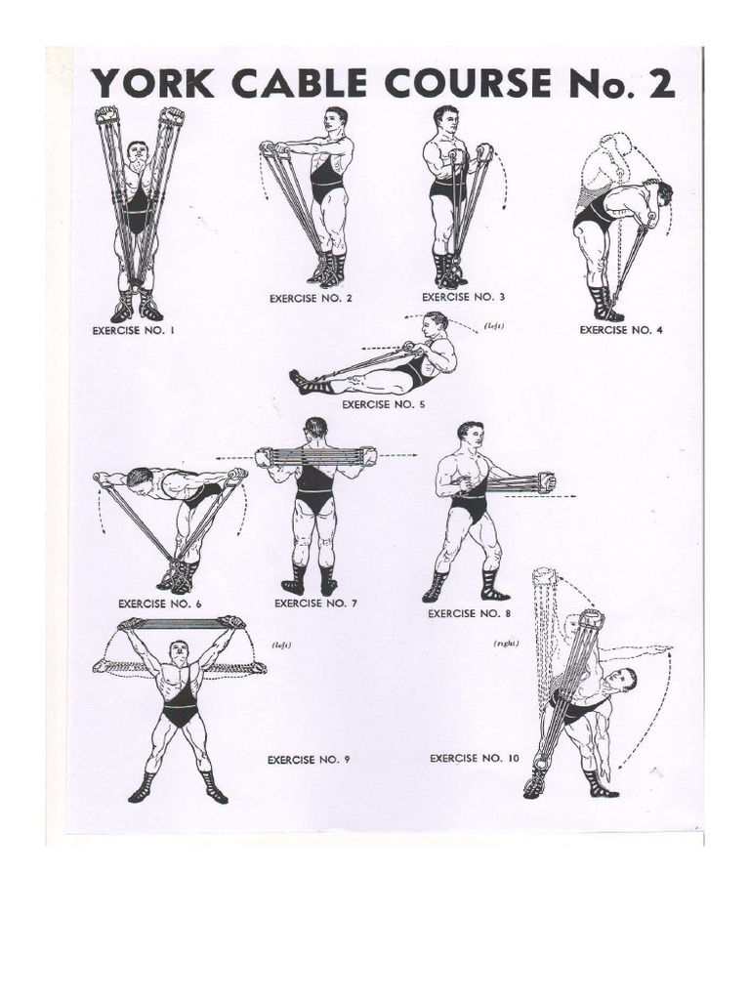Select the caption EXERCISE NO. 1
tap(133, 331)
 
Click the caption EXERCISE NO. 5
tap(383, 404)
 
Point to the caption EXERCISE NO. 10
tap(475, 758)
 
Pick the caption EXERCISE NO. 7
tap(315, 604)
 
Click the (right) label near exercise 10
tap(506, 643)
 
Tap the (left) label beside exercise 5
tap(494, 326)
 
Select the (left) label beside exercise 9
tap(281, 645)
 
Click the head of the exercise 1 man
tap(137, 151)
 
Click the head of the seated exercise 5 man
tap(437, 324)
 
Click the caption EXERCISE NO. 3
tap(463, 297)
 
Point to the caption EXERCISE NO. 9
tap(309, 760)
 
